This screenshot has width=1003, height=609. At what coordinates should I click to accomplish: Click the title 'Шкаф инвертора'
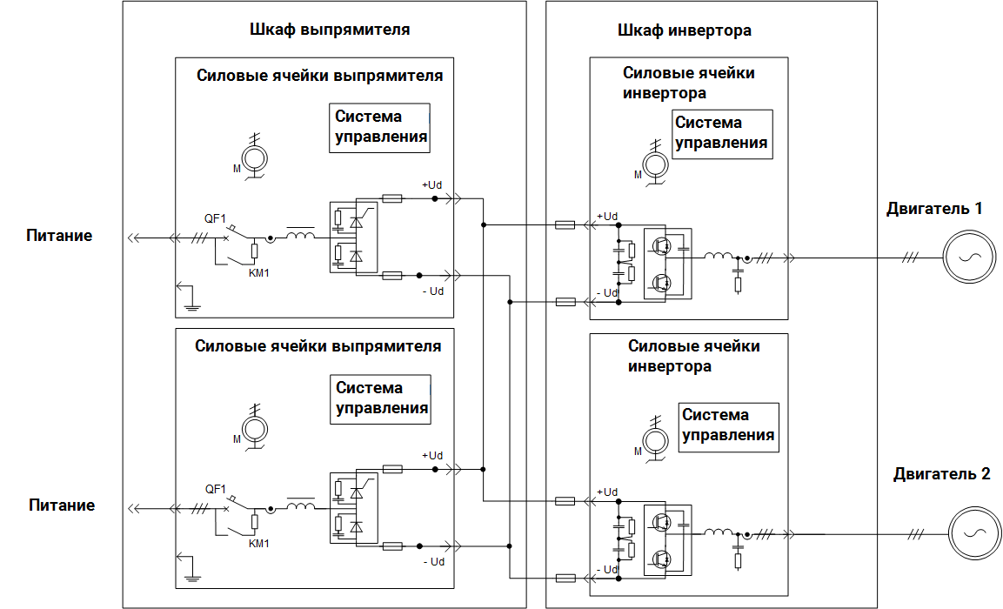click(684, 30)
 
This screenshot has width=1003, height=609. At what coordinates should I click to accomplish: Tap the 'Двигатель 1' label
click(934, 209)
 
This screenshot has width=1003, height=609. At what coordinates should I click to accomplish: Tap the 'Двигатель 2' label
click(941, 474)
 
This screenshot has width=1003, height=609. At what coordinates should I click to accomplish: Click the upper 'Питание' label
click(59, 236)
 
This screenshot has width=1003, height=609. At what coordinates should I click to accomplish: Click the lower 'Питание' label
click(61, 505)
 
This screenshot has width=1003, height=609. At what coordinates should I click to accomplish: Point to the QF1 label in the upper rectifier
click(215, 219)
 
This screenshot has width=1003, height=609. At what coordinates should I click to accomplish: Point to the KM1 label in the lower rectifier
click(259, 544)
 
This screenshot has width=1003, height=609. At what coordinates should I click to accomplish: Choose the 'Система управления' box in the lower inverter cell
click(728, 425)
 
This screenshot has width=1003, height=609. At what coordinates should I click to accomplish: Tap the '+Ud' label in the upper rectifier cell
click(432, 185)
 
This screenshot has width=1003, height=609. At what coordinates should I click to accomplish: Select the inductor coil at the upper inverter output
click(719, 257)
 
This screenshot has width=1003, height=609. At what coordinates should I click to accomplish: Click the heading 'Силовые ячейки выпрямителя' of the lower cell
click(318, 346)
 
